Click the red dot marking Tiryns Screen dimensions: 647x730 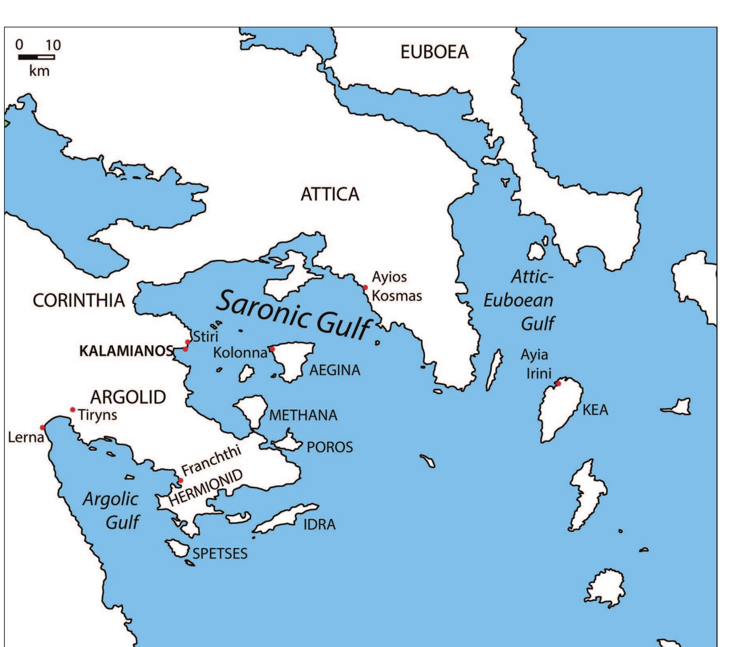click(72, 410)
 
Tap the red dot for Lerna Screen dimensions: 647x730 click(42, 428)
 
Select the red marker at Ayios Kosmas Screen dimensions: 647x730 click(365, 287)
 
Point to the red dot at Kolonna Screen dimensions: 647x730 click(272, 349)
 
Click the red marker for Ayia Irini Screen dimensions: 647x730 click(558, 384)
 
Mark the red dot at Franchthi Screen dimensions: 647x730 click(180, 480)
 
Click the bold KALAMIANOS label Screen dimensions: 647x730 click(126, 351)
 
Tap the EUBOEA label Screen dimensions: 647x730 click(435, 52)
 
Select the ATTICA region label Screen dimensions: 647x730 click(330, 194)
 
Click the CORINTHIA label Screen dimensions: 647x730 click(79, 301)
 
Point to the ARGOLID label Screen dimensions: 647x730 click(128, 397)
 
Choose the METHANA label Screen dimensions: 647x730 click(303, 415)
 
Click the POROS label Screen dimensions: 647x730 click(329, 447)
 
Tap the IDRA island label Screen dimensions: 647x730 click(319, 524)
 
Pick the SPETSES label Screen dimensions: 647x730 click(220, 553)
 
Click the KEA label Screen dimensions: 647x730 click(595, 410)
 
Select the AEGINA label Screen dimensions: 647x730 click(335, 370)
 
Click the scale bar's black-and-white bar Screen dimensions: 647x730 click(37, 57)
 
